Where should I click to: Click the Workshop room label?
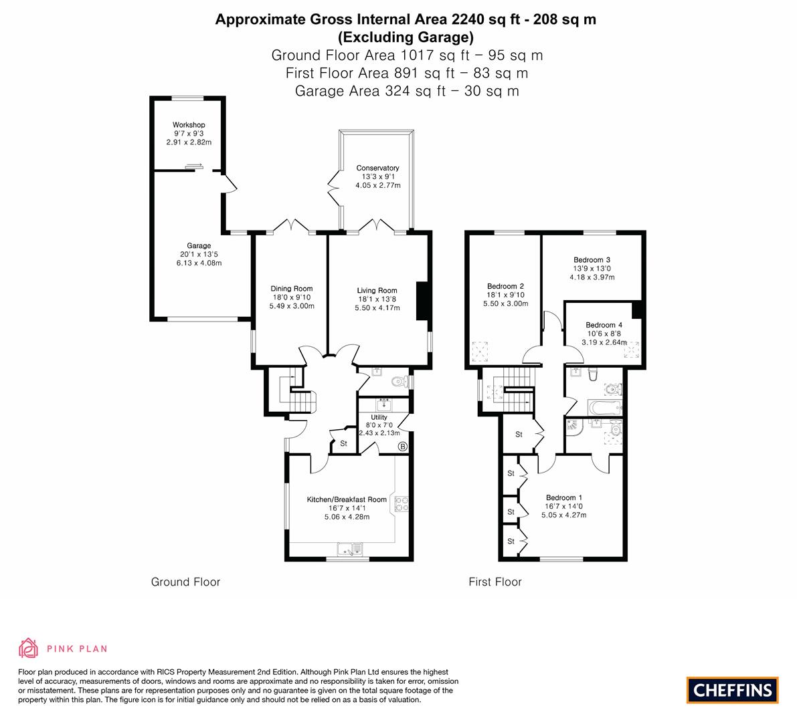(189, 125)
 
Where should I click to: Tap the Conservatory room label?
(377, 168)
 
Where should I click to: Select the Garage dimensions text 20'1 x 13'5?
(199, 255)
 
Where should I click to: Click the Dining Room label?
(292, 289)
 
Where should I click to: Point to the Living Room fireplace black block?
(422, 301)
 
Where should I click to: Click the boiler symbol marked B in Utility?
(403, 447)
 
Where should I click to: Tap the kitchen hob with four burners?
(402, 503)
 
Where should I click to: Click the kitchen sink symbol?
(350, 550)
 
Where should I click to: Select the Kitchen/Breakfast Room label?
(347, 499)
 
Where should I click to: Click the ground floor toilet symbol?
(401, 381)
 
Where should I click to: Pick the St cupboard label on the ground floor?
(343, 444)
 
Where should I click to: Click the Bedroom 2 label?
(505, 286)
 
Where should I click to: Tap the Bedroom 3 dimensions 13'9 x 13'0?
(592, 269)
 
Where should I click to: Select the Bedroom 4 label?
(604, 325)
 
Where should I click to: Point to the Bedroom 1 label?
(564, 497)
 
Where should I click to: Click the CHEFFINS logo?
(733, 690)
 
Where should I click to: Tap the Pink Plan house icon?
(29, 648)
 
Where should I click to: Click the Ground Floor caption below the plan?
(185, 582)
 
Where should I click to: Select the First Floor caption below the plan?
(495, 582)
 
